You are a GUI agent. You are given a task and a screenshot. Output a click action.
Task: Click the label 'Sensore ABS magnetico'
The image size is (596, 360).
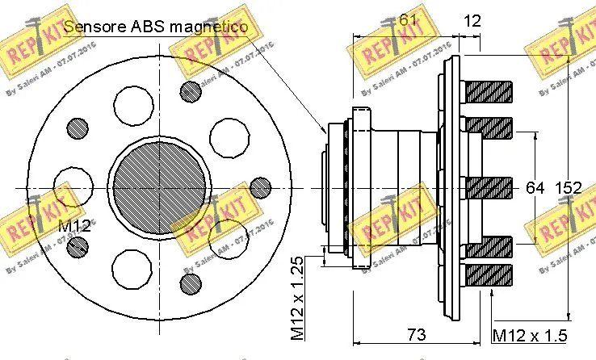click(155, 27)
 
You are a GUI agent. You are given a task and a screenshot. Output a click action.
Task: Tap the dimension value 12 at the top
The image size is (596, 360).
click(473, 21)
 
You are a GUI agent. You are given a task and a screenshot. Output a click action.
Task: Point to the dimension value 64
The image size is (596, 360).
click(535, 188)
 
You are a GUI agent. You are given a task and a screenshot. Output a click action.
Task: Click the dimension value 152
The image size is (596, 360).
click(568, 188)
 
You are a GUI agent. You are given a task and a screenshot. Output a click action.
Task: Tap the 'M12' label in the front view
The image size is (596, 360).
click(73, 225)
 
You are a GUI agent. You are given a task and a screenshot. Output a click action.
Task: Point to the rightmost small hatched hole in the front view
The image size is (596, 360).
click(259, 187)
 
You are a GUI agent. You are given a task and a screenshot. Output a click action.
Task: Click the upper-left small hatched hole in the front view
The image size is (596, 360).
click(78, 128)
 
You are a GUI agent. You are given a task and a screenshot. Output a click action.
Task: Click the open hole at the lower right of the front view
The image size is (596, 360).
click(225, 237)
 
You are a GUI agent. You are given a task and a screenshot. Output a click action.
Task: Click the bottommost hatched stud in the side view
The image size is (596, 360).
click(489, 274)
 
